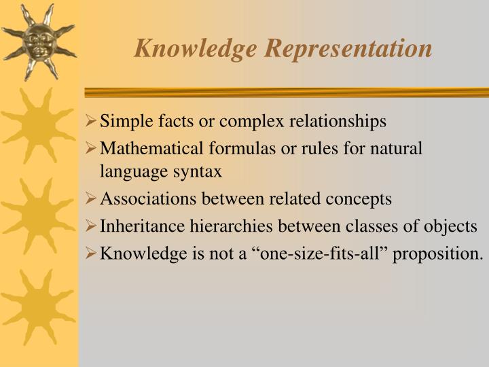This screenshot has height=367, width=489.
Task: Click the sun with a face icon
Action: click(x=38, y=41)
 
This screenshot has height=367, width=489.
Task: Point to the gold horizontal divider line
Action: click(x=285, y=92)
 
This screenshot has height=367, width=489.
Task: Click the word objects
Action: click(x=453, y=226)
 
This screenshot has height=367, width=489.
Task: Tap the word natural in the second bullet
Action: click(x=397, y=147)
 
